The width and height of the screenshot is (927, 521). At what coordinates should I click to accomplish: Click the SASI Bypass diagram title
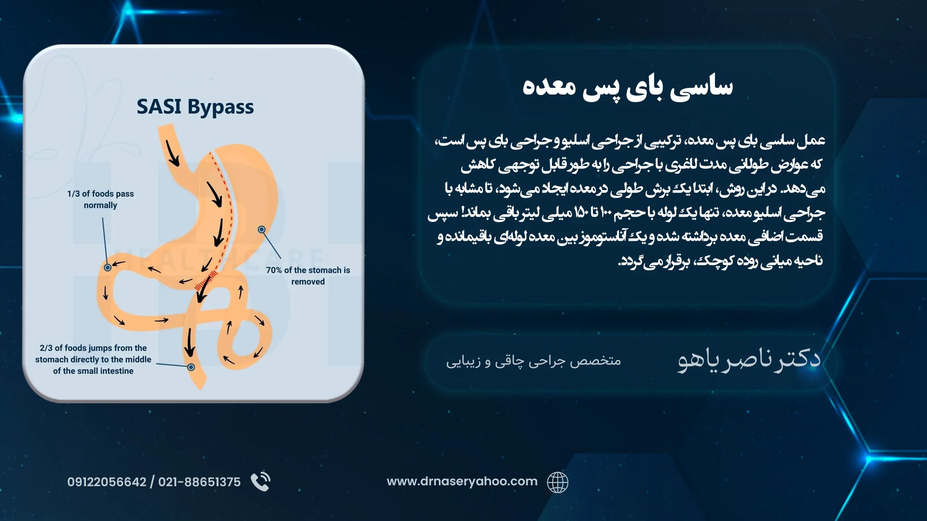pyautogui.click(x=195, y=107)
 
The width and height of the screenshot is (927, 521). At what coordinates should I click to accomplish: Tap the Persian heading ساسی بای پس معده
pyautogui.click(x=628, y=87)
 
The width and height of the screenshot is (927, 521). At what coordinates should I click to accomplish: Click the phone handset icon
pyautogui.click(x=261, y=481)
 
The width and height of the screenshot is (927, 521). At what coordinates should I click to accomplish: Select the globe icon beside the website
pyautogui.click(x=558, y=482)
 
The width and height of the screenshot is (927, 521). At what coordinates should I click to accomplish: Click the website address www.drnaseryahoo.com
pyautogui.click(x=462, y=481)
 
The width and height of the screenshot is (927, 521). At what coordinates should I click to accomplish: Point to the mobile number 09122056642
pyautogui.click(x=107, y=482)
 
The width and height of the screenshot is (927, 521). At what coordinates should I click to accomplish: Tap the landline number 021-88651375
pyautogui.click(x=199, y=482)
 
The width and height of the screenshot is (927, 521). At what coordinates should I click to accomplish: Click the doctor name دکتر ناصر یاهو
pyautogui.click(x=749, y=359)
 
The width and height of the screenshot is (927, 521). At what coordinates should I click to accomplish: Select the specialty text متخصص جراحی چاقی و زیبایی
pyautogui.click(x=534, y=361)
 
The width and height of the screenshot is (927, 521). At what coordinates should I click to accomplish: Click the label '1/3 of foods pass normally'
pyautogui.click(x=100, y=199)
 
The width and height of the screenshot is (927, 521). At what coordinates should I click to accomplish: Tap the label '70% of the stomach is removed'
pyautogui.click(x=308, y=276)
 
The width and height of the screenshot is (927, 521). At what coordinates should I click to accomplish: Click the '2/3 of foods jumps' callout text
pyautogui.click(x=93, y=359)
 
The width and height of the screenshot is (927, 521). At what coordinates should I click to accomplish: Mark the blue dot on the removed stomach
pyautogui.click(x=262, y=230)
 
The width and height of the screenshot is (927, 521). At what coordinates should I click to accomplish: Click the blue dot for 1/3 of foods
pyautogui.click(x=108, y=267)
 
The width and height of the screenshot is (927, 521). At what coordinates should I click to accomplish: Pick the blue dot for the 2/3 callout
pyautogui.click(x=191, y=367)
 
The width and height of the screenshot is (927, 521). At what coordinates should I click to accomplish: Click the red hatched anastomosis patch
pyautogui.click(x=205, y=280)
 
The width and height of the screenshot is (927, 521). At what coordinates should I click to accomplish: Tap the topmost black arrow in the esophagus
pyautogui.click(x=172, y=153)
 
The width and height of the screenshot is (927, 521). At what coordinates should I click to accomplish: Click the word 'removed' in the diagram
pyautogui.click(x=308, y=282)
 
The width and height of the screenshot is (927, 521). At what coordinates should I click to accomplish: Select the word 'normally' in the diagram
pyautogui.click(x=100, y=205)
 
